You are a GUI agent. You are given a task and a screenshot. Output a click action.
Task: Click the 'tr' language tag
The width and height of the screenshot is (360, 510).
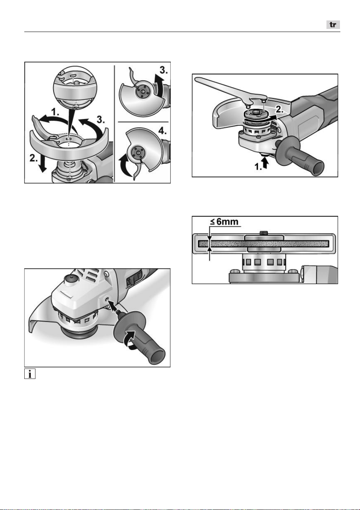[x=333, y=25]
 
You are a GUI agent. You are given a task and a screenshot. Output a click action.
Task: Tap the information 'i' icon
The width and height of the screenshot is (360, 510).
[x=30, y=374]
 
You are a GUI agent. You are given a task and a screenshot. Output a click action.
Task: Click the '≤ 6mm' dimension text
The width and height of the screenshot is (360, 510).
[x=224, y=222]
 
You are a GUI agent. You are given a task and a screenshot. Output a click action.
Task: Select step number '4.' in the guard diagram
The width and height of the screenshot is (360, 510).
[x=163, y=131]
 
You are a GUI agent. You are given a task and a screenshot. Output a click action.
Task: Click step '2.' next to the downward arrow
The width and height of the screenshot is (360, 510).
[x=34, y=158]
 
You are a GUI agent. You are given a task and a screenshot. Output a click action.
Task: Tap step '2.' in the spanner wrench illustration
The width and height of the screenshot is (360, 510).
[x=279, y=110]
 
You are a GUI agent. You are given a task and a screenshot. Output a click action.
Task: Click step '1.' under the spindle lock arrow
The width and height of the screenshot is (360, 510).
[x=258, y=167]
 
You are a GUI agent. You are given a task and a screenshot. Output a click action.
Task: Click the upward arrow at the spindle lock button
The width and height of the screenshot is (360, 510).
[x=265, y=163]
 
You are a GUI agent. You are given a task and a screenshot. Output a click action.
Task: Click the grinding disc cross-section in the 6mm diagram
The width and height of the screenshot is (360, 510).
[x=264, y=244]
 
